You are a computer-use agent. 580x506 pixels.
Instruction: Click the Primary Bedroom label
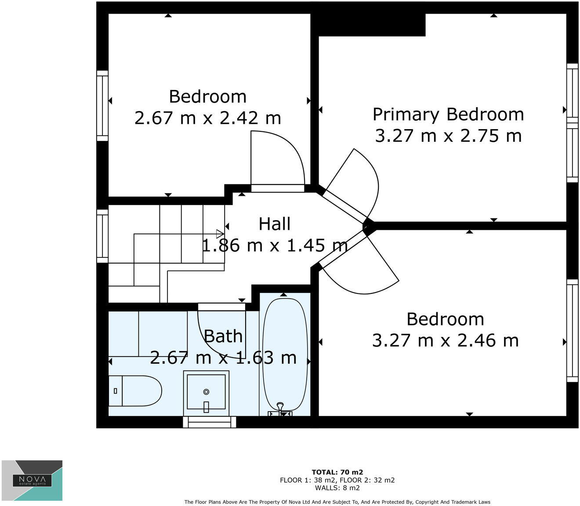(448, 114)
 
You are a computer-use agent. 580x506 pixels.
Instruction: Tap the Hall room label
(275, 224)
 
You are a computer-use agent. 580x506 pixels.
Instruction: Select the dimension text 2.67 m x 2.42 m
(207, 118)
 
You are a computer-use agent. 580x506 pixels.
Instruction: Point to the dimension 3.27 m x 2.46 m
(445, 340)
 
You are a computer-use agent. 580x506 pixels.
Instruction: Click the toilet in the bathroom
(136, 390)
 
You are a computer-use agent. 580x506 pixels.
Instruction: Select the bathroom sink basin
(206, 391)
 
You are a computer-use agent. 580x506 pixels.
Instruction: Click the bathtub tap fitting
(280, 408)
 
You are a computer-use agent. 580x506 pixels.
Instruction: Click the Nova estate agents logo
(32, 480)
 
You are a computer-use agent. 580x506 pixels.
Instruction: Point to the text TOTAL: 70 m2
(337, 473)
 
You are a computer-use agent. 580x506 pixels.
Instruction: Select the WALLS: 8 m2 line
(337, 488)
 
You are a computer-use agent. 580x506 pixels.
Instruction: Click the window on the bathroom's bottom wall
(210, 422)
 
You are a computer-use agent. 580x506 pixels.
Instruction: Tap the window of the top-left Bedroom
(102, 106)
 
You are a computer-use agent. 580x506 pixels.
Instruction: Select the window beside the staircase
(102, 236)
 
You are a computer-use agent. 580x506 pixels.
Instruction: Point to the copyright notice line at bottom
(337, 502)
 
